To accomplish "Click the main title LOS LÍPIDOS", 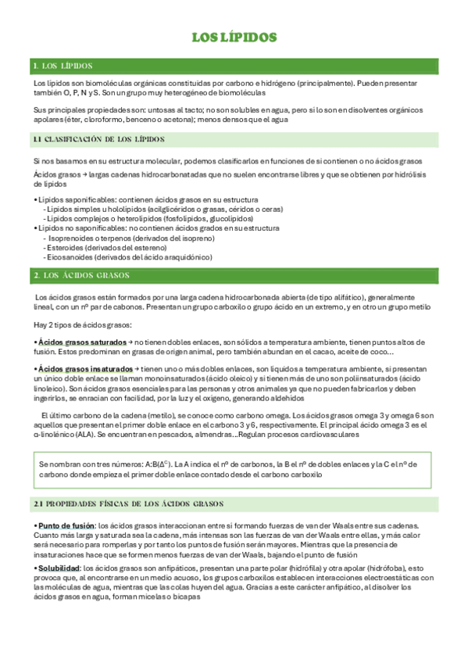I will click(234, 38).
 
